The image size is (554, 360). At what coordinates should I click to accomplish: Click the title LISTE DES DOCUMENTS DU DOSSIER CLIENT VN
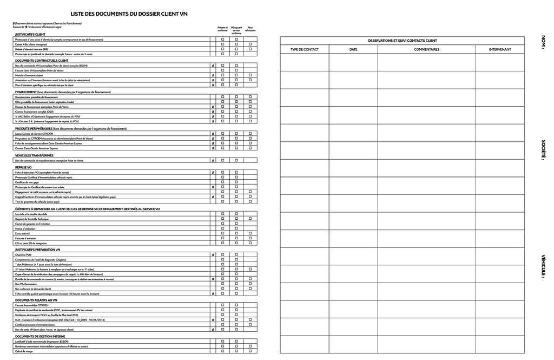129,14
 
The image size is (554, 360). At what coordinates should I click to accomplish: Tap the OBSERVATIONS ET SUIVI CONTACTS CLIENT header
402,41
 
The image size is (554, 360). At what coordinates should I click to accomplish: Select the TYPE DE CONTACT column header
305,49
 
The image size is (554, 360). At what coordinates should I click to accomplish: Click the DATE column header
353,49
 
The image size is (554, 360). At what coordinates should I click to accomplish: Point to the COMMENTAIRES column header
426,49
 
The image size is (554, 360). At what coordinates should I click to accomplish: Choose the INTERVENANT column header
500,49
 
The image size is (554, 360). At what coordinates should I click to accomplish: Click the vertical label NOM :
543,42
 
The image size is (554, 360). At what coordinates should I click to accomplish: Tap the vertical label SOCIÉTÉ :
543,150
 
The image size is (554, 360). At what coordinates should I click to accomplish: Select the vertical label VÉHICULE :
543,266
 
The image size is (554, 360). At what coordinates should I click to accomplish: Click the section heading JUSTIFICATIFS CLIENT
30,35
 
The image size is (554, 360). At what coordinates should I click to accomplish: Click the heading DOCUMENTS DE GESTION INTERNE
40,336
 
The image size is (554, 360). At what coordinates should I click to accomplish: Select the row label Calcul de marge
24,351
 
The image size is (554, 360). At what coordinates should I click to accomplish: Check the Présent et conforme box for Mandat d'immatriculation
222,75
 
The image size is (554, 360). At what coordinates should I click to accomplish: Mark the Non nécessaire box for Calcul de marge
250,351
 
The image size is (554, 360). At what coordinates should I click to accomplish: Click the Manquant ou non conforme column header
236,30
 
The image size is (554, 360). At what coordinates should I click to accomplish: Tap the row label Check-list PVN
24,254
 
